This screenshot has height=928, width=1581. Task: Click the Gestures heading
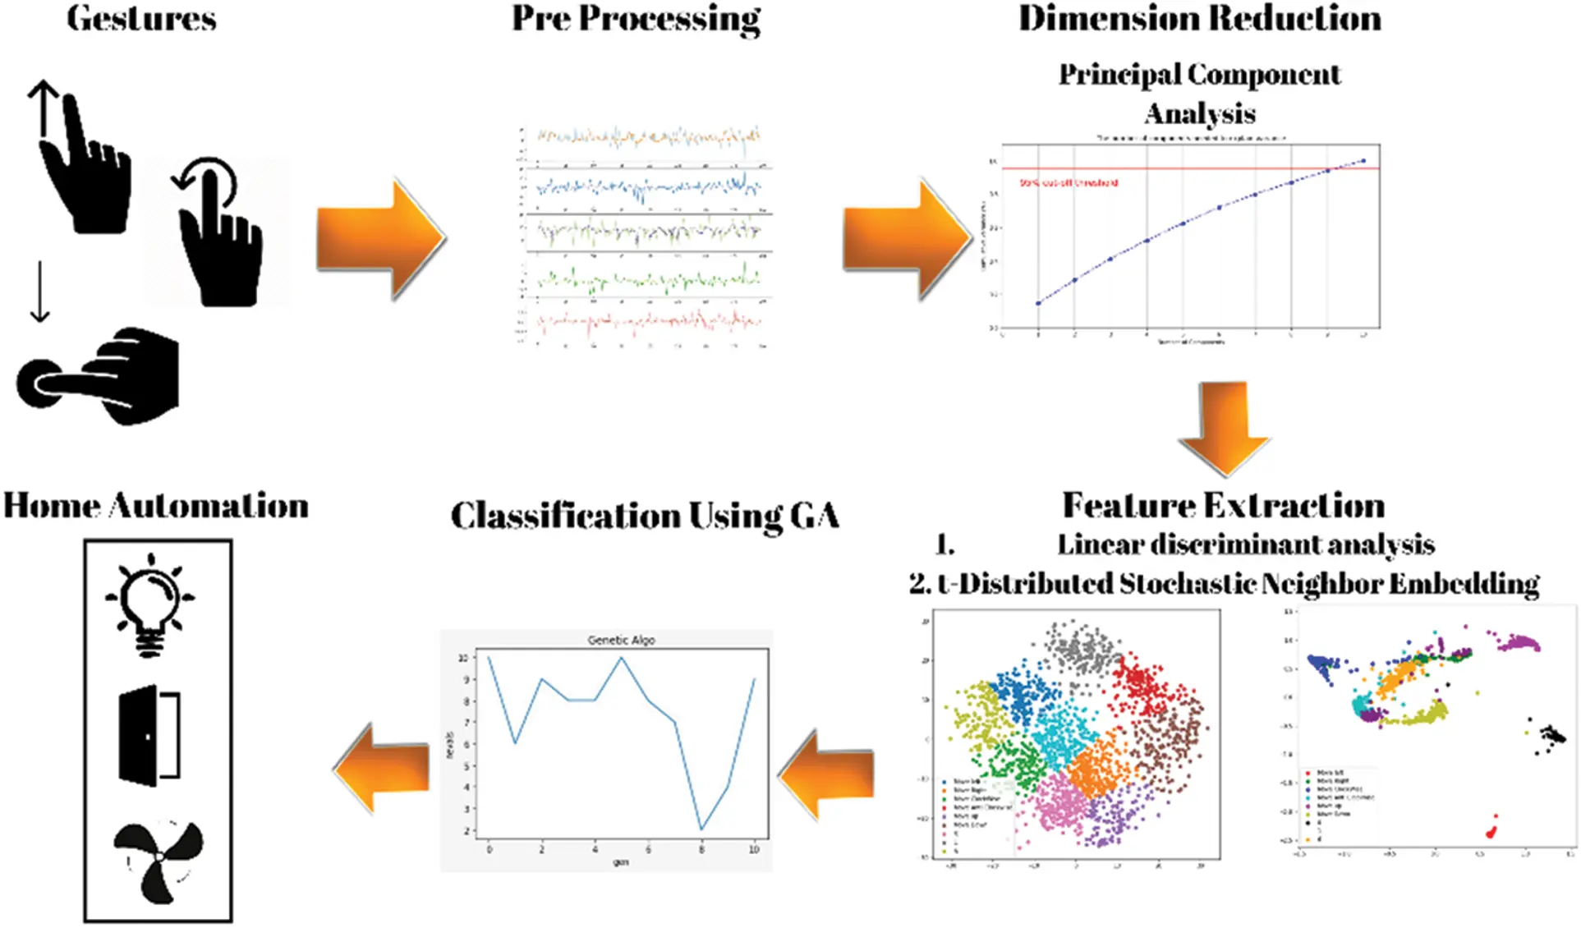click(141, 18)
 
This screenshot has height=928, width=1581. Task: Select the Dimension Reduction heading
click(1199, 18)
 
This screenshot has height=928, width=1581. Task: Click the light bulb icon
click(150, 605)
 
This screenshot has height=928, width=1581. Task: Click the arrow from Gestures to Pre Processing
click(380, 238)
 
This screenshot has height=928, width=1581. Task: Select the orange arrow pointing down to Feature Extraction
click(1224, 427)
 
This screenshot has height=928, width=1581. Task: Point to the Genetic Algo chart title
click(621, 640)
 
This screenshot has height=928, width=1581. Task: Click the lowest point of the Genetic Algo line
click(701, 829)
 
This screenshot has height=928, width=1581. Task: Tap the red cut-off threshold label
click(1068, 183)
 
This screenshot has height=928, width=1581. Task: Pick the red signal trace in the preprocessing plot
click(649, 323)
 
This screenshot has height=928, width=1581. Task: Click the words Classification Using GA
click(645, 516)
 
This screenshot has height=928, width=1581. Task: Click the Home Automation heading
click(156, 506)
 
